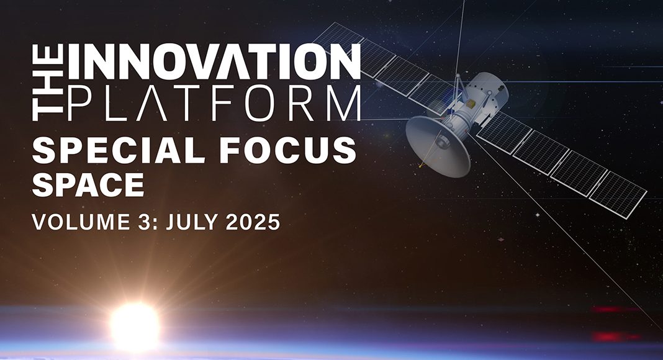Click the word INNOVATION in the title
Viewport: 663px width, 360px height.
pos(215,61)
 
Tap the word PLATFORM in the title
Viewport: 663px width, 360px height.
pos(215,102)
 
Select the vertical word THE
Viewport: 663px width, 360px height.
pos(48,83)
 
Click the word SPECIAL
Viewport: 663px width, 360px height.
pos(119,150)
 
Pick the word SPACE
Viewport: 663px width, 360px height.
pos(88,184)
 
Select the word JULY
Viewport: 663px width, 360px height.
pos(192,222)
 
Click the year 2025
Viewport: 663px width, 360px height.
pos(253,222)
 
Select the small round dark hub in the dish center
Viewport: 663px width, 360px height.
pos(441,143)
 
